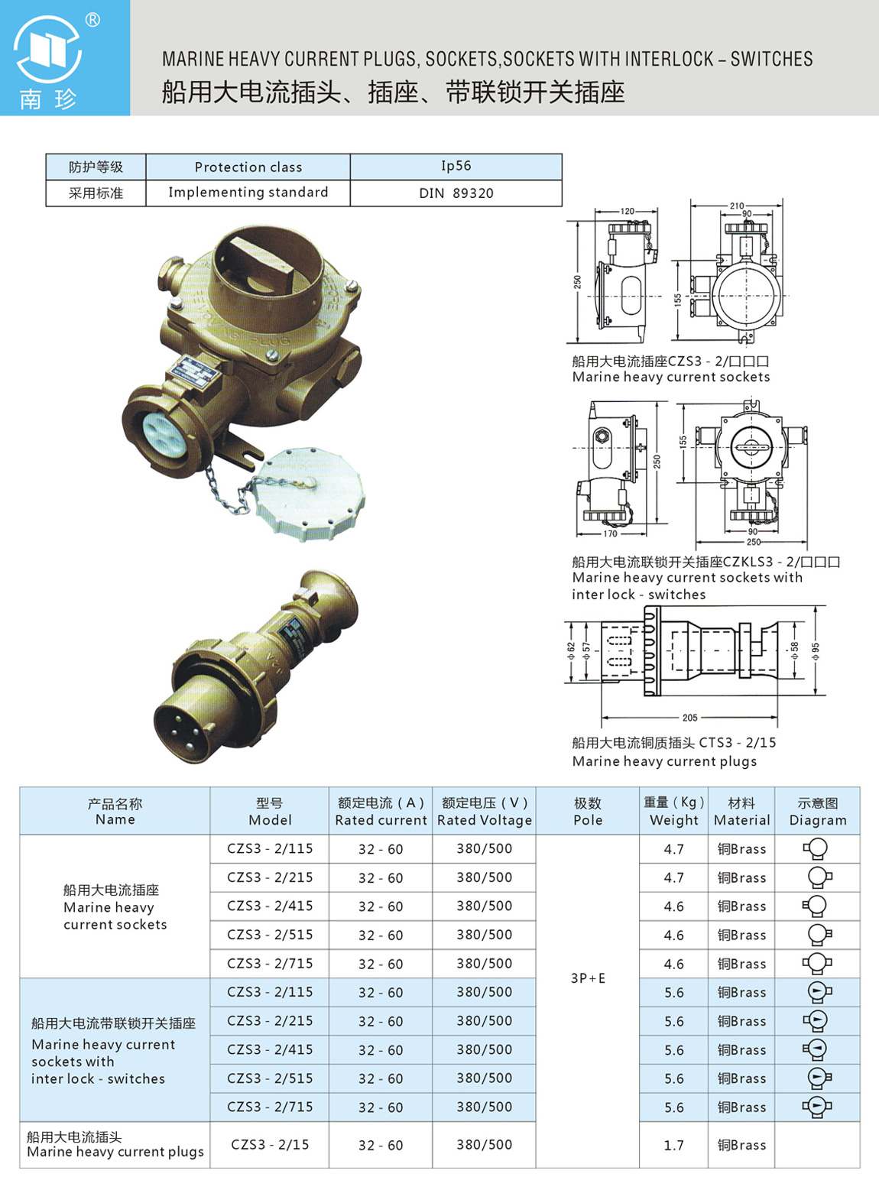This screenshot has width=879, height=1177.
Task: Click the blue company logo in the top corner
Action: click(64, 57)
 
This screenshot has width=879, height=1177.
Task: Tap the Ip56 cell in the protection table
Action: click(456, 166)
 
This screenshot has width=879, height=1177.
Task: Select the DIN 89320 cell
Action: click(456, 193)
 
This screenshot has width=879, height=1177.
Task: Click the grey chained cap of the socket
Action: click(310, 493)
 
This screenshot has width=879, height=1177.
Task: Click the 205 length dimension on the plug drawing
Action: click(689, 718)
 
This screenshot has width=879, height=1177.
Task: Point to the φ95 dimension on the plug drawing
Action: click(816, 650)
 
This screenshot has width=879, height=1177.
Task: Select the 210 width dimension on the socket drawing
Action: click(737, 206)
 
